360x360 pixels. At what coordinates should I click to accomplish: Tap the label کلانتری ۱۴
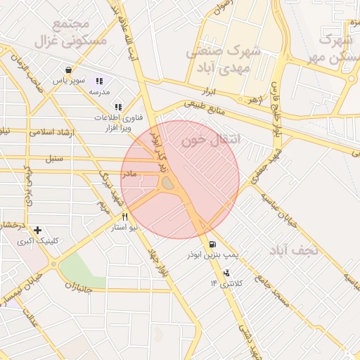pos(226,283)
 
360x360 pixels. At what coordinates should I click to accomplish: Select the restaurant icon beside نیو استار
pos(124,217)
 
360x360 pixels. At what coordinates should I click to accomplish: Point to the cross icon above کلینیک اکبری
pos(37,230)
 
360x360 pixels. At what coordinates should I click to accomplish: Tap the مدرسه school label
pos(99,92)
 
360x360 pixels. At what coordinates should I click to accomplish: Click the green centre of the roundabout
pos(168,184)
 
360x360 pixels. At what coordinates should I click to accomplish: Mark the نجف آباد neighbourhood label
pos(294,250)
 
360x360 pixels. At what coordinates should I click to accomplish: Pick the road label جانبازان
pos(83,285)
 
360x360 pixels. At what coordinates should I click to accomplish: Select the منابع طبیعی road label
pos(206,111)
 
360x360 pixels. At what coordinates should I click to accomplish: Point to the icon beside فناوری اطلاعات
pos(118,107)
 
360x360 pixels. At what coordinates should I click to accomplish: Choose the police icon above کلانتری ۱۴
pos(226,273)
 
